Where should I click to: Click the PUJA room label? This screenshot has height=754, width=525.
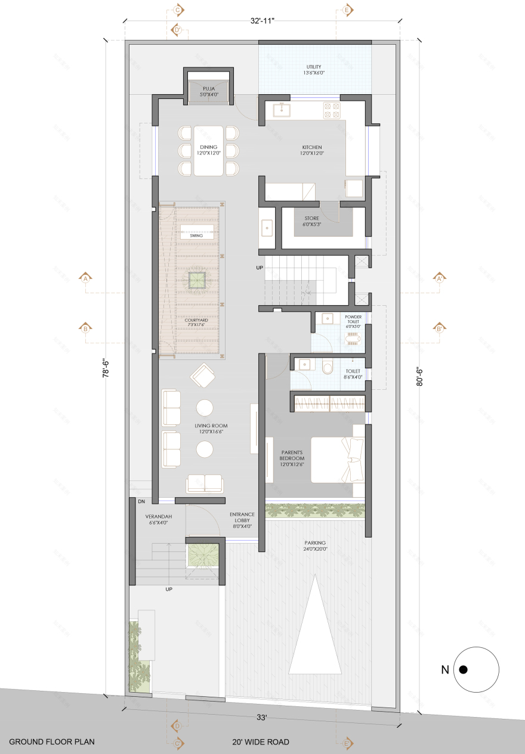point(208,89)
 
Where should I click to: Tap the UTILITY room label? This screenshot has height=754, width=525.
point(314,67)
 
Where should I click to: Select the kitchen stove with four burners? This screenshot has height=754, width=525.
point(332,110)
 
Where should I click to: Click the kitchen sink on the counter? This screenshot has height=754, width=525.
point(282,110)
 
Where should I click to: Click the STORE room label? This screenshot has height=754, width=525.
point(310,218)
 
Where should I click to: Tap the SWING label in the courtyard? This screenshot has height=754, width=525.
point(196,235)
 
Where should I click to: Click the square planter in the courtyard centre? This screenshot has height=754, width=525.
point(196,280)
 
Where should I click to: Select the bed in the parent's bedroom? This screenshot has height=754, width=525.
point(338,459)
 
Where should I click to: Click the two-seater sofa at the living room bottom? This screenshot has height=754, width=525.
point(204,483)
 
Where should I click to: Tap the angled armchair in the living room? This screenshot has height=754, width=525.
point(202,376)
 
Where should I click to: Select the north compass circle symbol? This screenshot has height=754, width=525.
point(475,669)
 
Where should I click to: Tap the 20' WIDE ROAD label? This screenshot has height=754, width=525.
point(261,741)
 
